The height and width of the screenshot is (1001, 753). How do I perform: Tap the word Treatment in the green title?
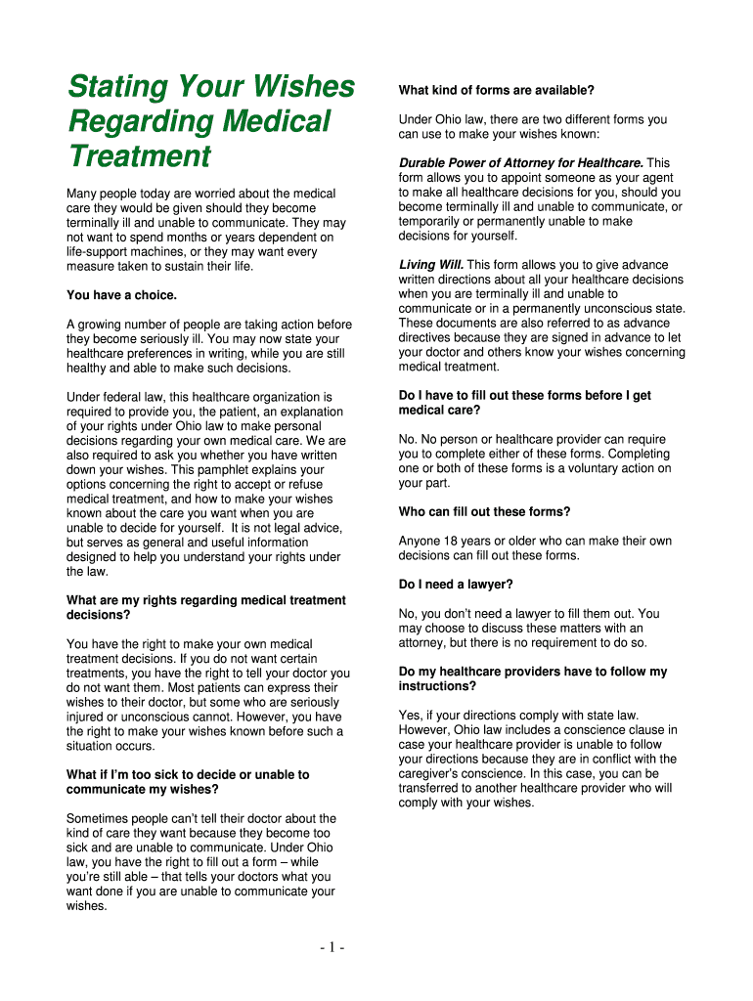pos(139,156)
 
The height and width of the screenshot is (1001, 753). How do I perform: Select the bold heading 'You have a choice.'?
pos(121,294)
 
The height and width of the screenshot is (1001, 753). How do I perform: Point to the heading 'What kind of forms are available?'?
pos(496,91)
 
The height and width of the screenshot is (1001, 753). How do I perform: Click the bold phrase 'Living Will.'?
pos(431,265)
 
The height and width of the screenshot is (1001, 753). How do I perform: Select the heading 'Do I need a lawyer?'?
pos(456,585)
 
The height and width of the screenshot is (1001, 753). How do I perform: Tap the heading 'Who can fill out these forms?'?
pos(484,512)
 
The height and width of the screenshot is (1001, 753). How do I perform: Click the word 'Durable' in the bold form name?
pos(424,162)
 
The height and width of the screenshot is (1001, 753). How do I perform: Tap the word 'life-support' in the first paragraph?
pos(100,251)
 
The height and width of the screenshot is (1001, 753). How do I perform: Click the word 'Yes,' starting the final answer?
pos(411,716)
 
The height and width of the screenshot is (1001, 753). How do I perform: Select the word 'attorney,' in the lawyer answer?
pos(423,643)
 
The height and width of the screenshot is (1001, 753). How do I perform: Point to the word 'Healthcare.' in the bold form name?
pos(605,162)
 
